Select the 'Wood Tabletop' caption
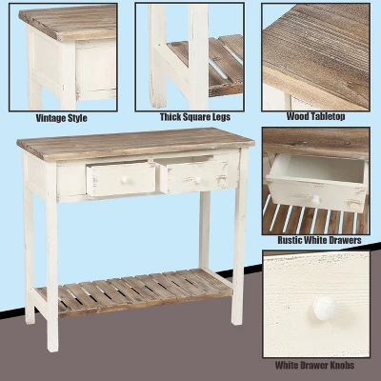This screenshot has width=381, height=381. click(x=315, y=117)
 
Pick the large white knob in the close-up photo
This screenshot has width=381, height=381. click(x=325, y=307)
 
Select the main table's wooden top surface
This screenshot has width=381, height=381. click(x=133, y=143)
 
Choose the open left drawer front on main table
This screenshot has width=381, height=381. click(x=120, y=178)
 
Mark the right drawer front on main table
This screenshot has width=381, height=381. click(x=195, y=176)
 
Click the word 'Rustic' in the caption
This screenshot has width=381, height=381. click(x=291, y=240)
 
